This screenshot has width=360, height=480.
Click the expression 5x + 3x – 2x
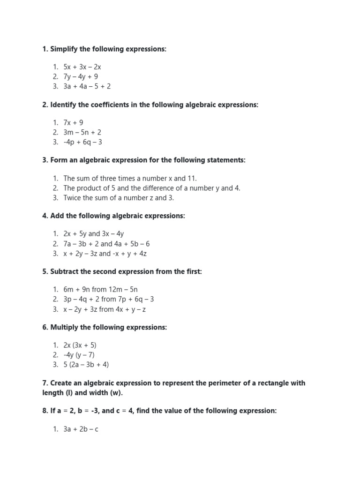click(x=82, y=67)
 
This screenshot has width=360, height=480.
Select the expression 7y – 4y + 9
click(x=81, y=76)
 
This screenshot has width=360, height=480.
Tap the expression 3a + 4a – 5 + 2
click(x=87, y=86)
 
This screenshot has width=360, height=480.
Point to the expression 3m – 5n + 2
click(x=82, y=132)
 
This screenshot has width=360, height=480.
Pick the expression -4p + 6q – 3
click(x=82, y=142)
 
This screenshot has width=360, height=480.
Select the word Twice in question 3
click(x=72, y=197)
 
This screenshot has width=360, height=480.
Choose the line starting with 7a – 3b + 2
click(x=106, y=244)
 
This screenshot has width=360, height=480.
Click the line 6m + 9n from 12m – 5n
click(x=100, y=289)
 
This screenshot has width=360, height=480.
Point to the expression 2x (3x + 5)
click(x=80, y=345)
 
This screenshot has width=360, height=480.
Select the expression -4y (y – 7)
click(x=79, y=355)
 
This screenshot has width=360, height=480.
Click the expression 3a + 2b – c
click(x=81, y=429)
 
